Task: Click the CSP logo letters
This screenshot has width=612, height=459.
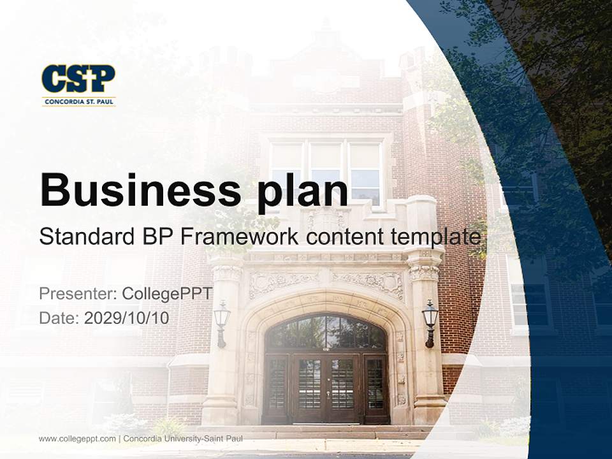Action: [x=78, y=79]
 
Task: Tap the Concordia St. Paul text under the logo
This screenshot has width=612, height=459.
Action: [x=78, y=101]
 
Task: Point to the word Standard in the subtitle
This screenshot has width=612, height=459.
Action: [x=84, y=237]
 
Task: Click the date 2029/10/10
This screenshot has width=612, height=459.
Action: [x=127, y=318]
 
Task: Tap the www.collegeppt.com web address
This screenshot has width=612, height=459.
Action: [x=77, y=439]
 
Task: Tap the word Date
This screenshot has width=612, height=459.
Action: [x=59, y=318]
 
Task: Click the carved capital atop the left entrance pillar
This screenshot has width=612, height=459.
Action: [x=226, y=273]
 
